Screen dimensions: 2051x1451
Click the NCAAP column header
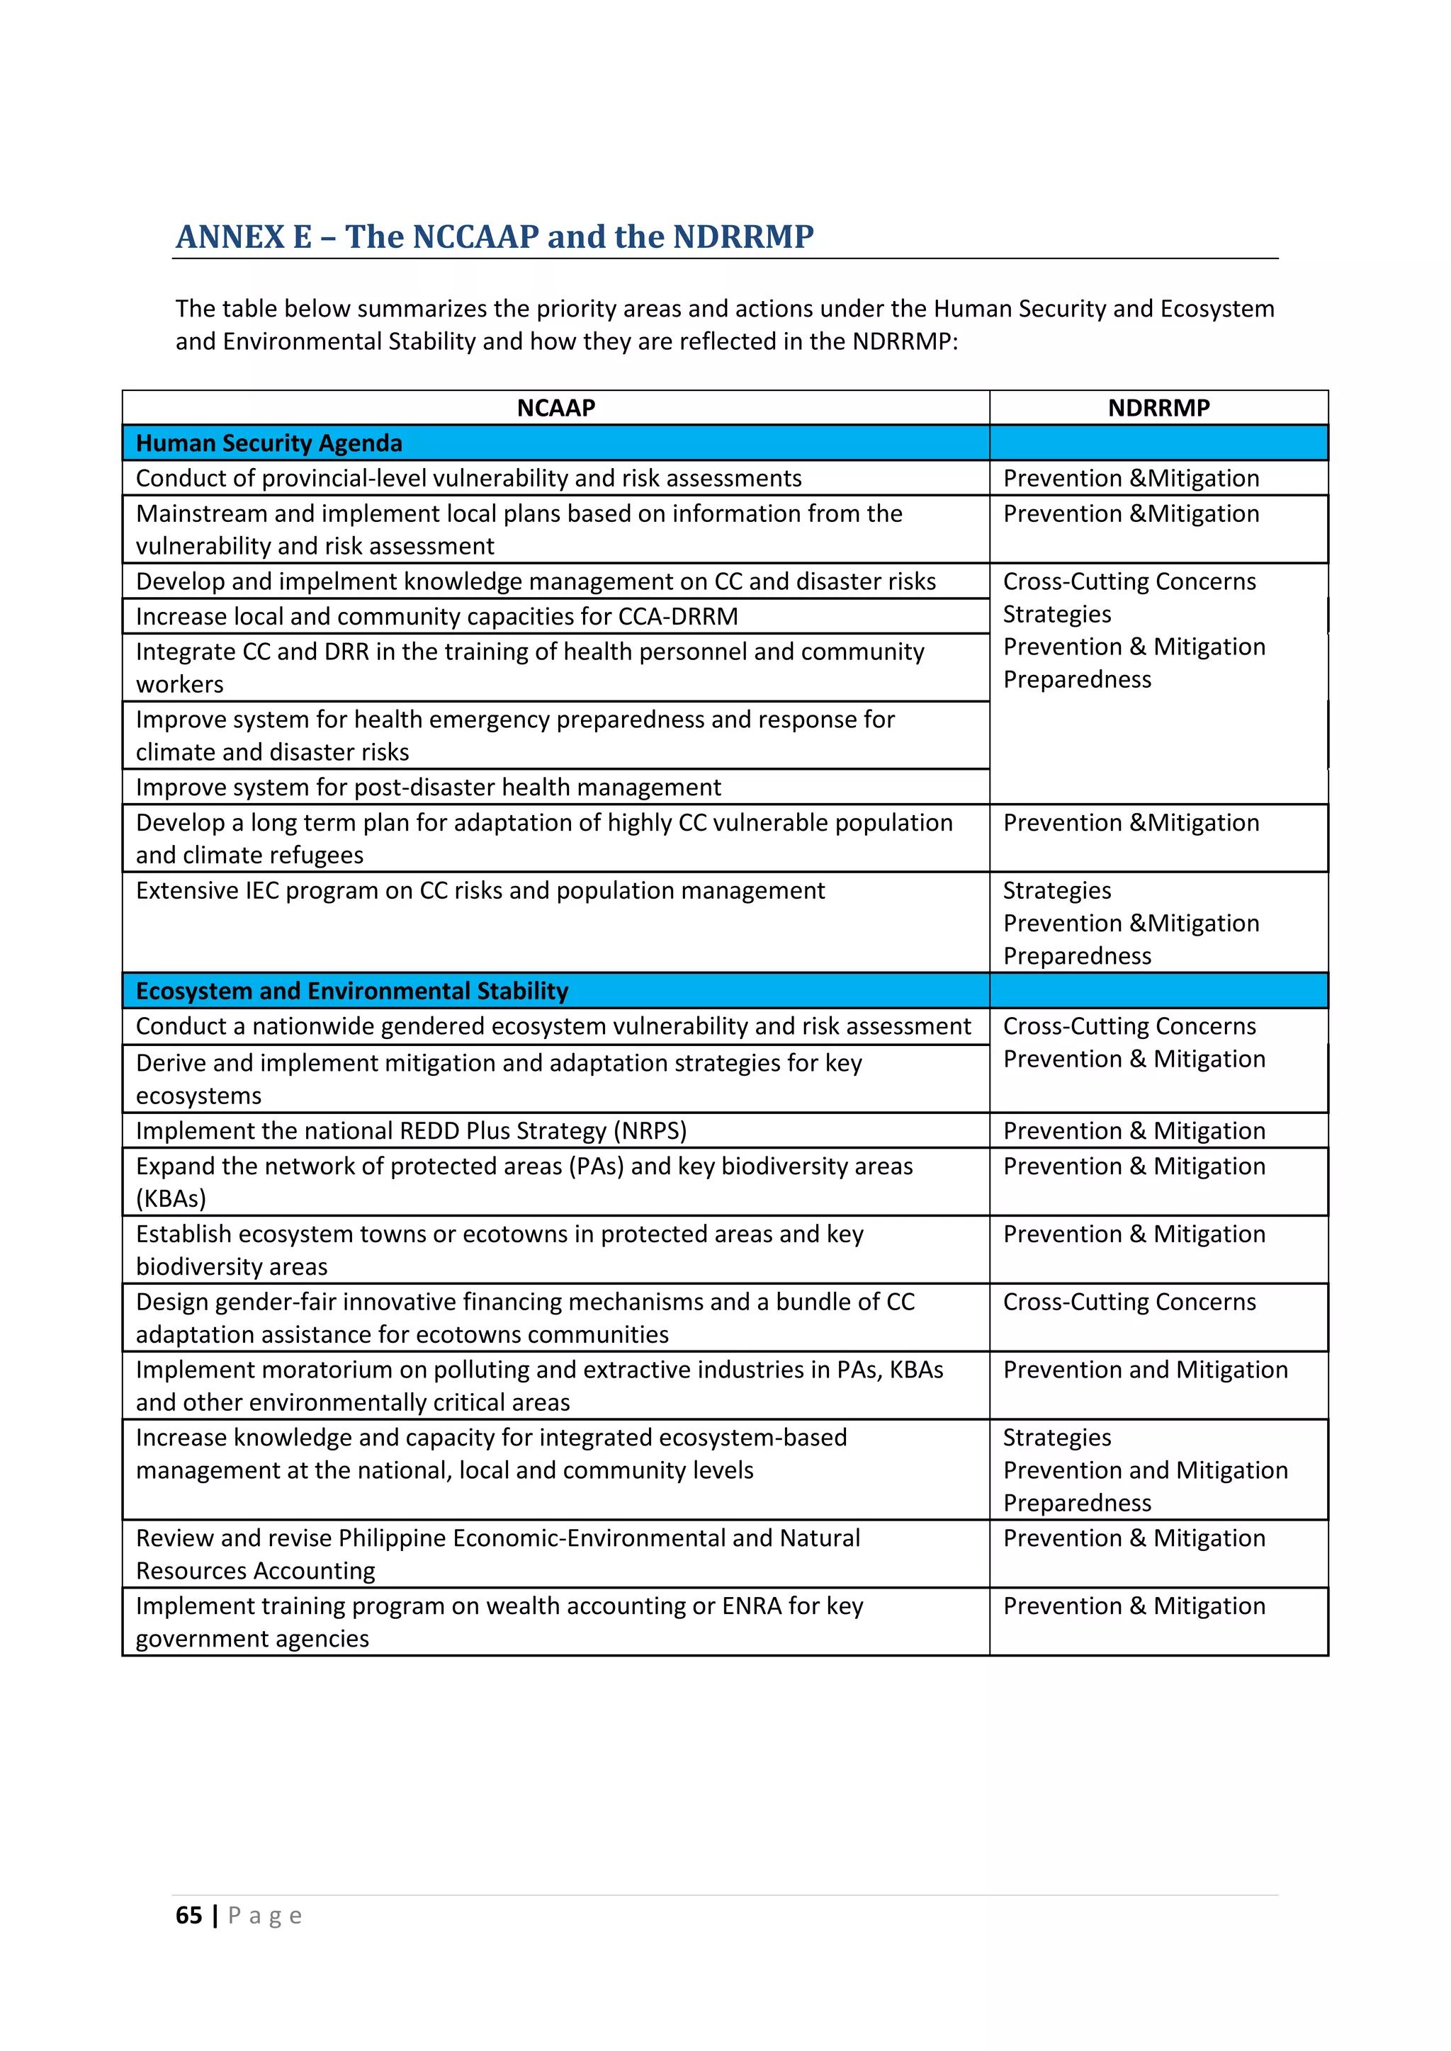(x=555, y=408)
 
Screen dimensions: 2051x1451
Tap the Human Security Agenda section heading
(x=269, y=443)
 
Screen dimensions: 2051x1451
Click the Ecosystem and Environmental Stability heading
(x=352, y=991)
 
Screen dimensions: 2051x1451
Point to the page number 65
(x=188, y=1915)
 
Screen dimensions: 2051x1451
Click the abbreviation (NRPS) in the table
(x=650, y=1131)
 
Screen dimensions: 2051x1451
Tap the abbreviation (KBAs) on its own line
(x=171, y=1199)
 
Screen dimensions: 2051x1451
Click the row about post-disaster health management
(x=428, y=787)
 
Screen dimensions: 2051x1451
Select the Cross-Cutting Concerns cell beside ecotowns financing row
(x=1129, y=1302)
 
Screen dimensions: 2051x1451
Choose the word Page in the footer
(x=266, y=1915)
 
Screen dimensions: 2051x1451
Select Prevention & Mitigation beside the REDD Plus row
(x=1134, y=1131)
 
